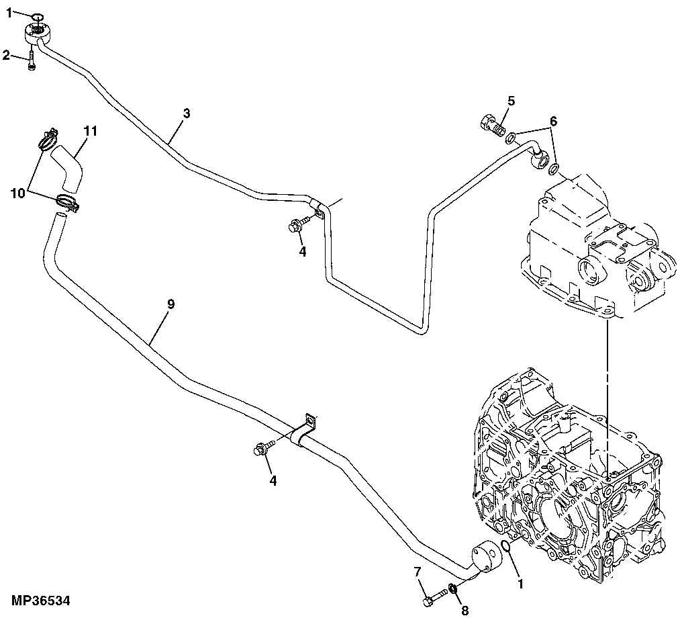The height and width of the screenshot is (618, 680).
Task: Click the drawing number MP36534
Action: tap(40, 599)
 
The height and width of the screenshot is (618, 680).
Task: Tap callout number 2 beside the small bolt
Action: tap(6, 55)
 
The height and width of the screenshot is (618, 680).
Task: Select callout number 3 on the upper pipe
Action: tap(187, 113)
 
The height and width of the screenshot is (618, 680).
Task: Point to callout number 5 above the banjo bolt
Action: tap(511, 101)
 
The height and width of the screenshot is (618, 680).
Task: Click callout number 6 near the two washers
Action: tap(553, 121)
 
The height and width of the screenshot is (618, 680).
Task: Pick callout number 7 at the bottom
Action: tap(418, 572)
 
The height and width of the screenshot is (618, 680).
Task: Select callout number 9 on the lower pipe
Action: tap(171, 304)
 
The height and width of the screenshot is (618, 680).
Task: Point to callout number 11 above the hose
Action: tap(91, 130)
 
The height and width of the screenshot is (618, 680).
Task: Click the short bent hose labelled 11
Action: tap(68, 167)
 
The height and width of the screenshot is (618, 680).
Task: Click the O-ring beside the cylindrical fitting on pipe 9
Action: tap(507, 551)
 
